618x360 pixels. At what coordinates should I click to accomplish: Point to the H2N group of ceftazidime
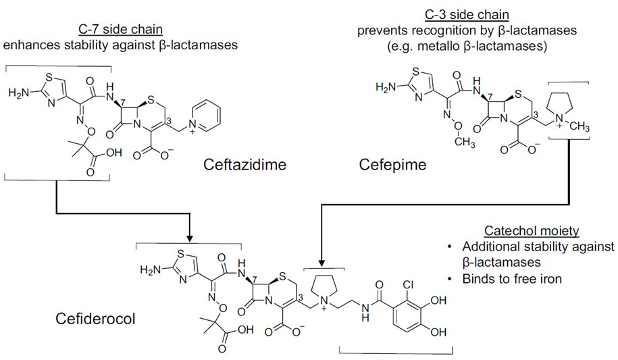[x=19, y=93]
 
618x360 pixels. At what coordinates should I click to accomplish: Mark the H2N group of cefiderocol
[x=150, y=271]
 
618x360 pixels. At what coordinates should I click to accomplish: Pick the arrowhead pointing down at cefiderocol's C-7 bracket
[x=189, y=237]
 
